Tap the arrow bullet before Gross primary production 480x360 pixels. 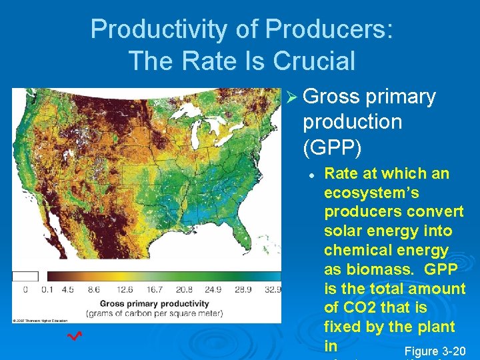tap(293, 97)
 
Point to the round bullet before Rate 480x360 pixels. tap(311, 174)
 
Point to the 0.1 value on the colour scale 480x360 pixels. tap(47, 290)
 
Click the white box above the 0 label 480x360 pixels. tap(25, 276)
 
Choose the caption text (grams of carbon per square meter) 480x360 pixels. tap(153, 313)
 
